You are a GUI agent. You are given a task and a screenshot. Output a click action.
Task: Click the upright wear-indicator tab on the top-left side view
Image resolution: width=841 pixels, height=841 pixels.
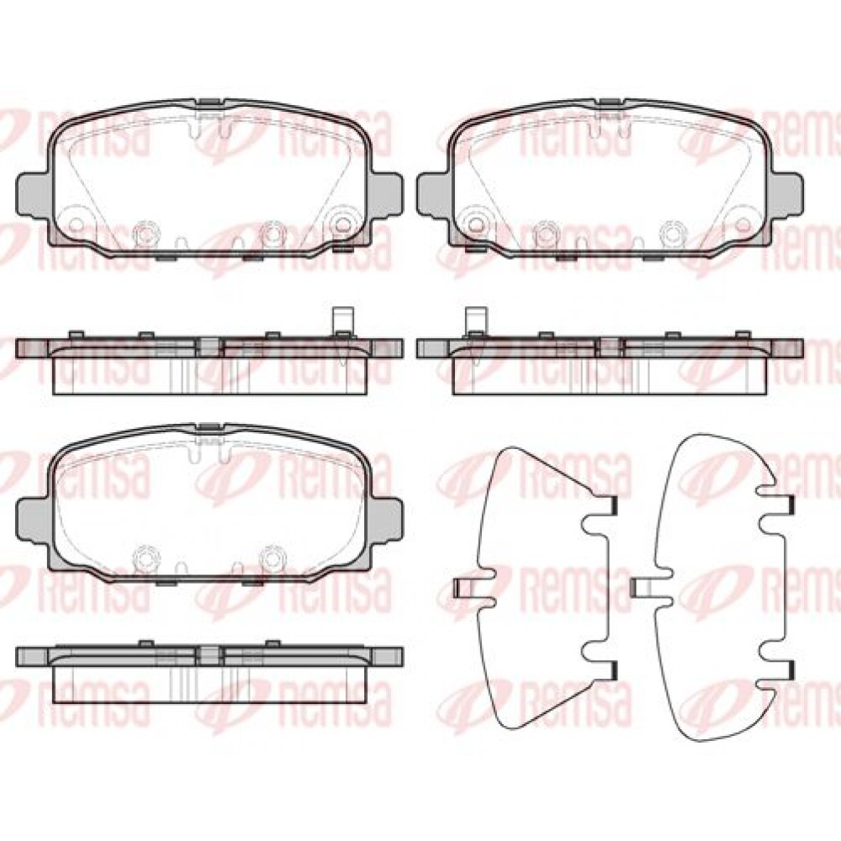[x=341, y=320]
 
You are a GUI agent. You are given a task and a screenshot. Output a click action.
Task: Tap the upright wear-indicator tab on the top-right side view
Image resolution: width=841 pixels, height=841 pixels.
[x=475, y=320]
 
